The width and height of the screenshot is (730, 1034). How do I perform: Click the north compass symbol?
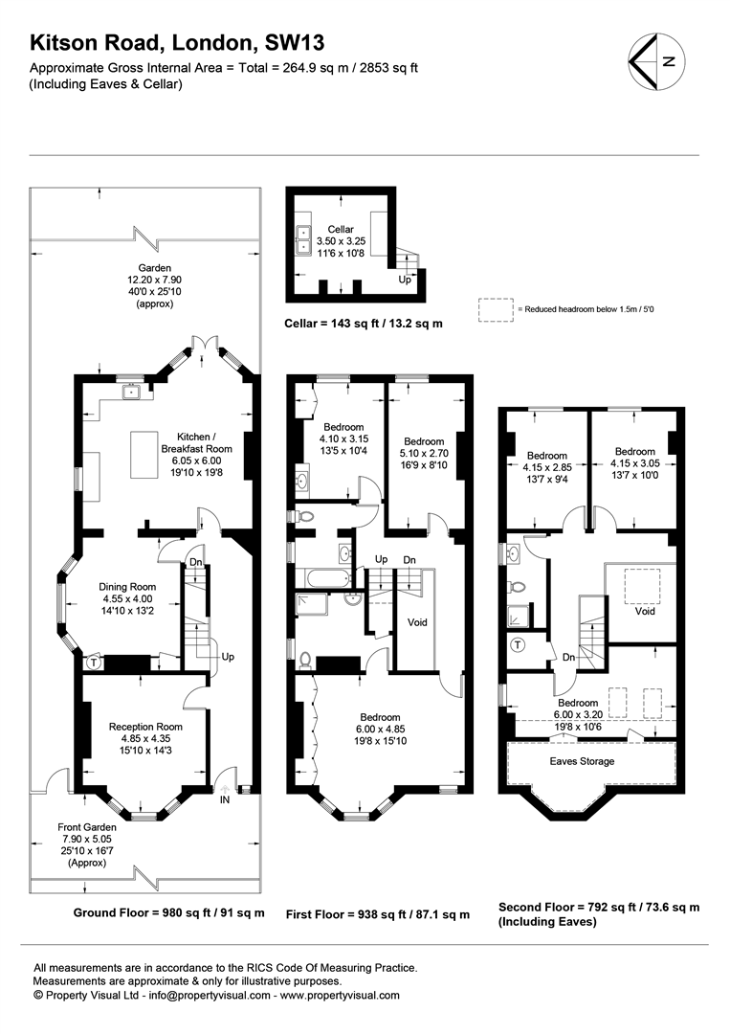[x=657, y=62]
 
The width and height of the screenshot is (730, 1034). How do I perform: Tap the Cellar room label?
[x=341, y=229]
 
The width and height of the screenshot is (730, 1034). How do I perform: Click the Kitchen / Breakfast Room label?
[x=196, y=442]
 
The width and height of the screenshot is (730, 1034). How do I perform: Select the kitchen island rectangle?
[x=144, y=455]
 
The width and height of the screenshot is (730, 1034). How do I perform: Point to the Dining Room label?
[x=127, y=587]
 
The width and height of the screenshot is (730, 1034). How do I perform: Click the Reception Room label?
[x=145, y=727]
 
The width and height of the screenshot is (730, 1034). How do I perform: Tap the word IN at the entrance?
[x=225, y=799]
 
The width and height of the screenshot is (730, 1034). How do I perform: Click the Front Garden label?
[x=87, y=827]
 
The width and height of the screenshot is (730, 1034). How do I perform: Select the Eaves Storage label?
[x=582, y=761]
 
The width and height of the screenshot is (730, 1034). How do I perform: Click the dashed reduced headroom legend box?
[x=496, y=310]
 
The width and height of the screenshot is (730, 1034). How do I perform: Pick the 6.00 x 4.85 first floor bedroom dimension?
[x=380, y=730]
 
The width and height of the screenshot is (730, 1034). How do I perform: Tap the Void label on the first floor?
[x=417, y=622]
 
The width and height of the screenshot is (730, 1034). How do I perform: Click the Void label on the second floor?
[x=644, y=611]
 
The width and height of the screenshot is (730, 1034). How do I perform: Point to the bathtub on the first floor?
[x=322, y=578]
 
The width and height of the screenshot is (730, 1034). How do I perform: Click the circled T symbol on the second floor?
[x=519, y=645]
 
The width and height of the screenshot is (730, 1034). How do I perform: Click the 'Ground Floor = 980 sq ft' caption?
[x=168, y=912]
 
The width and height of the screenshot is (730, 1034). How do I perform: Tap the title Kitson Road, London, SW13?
[x=177, y=43]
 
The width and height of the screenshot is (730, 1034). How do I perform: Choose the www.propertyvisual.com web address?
[x=340, y=995]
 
